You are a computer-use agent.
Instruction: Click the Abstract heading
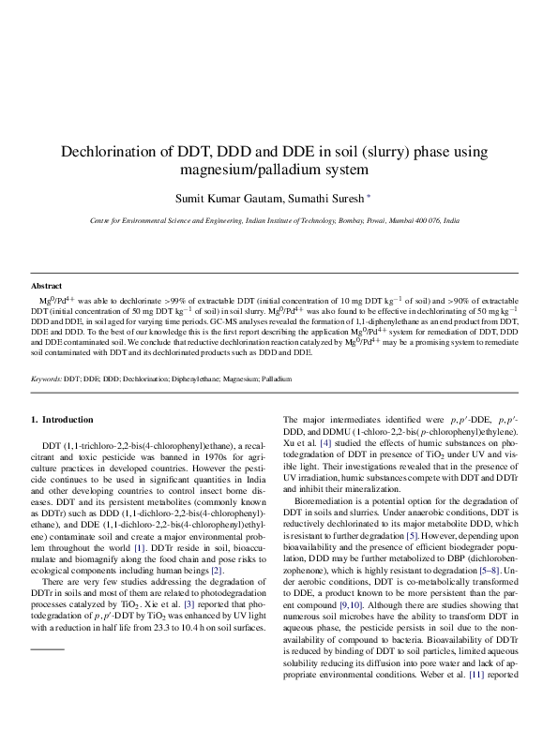(46, 286)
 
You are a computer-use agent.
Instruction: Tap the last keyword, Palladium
(277, 379)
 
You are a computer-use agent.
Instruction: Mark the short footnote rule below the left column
(48, 622)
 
